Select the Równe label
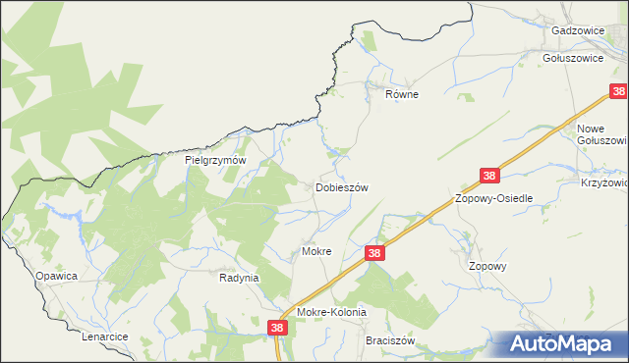[401, 95]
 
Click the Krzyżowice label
[603, 182]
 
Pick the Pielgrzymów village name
[214, 159]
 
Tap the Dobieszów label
[341, 187]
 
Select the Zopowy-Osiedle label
[493, 198]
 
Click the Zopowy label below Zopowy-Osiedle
[487, 266]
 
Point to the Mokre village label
[316, 252]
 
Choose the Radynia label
[238, 278]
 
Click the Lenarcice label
[105, 337]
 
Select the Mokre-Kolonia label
[331, 312]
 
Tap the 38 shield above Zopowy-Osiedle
[490, 177]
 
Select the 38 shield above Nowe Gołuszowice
[618, 92]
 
